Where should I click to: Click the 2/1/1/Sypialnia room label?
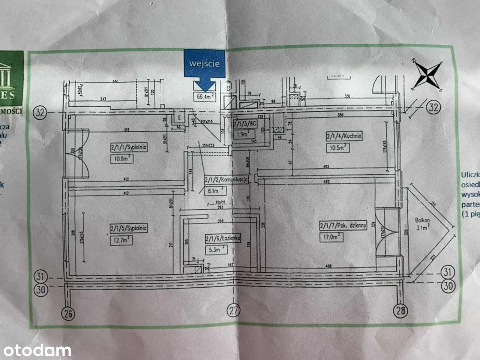pyautogui.click(x=129, y=147)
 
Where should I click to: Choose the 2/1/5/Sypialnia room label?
pyautogui.click(x=129, y=228)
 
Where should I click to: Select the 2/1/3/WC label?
pyautogui.click(x=245, y=123)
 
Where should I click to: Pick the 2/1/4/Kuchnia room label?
pyautogui.click(x=344, y=136)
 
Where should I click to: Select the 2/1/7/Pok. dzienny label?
pyautogui.click(x=343, y=225)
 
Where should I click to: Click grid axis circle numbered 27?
pyautogui.click(x=234, y=310)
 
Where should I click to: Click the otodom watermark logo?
pyautogui.click(x=36, y=351)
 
